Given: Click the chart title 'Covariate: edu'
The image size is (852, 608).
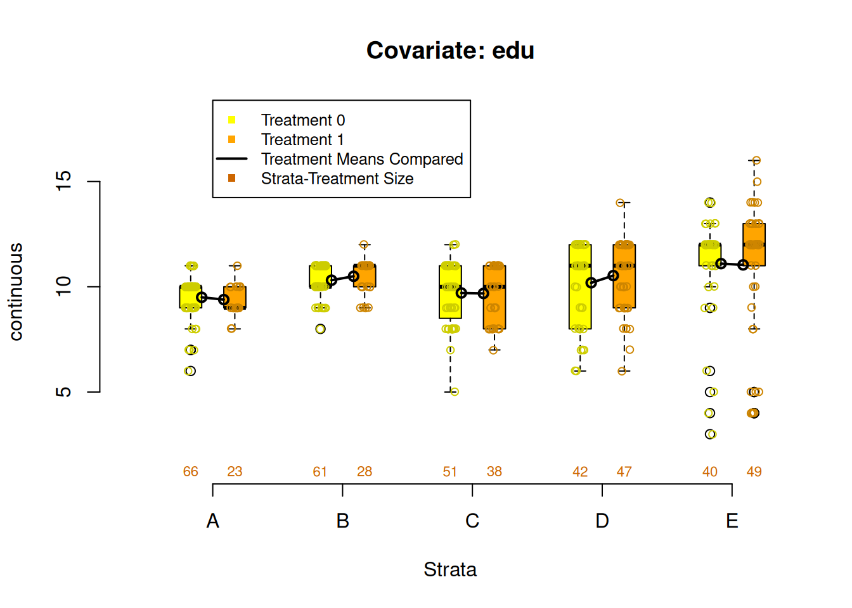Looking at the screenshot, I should pyautogui.click(x=450, y=51).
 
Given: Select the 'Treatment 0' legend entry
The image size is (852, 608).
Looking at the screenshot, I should pyautogui.click(x=302, y=120).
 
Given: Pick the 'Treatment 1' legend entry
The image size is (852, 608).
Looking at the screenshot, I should pyautogui.click(x=302, y=139).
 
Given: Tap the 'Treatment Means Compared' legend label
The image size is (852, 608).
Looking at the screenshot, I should pyautogui.click(x=361, y=159).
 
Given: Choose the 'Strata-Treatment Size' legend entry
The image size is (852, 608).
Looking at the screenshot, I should pyautogui.click(x=337, y=179).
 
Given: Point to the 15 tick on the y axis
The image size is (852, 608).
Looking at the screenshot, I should pyautogui.click(x=64, y=182).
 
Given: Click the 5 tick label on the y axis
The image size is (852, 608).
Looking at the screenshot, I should pyautogui.click(x=64, y=392).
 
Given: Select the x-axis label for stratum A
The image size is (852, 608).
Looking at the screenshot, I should pyautogui.click(x=213, y=521).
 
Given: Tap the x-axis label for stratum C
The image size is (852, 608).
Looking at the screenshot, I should pyautogui.click(x=472, y=521).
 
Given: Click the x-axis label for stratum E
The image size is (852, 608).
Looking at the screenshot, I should pyautogui.click(x=732, y=521).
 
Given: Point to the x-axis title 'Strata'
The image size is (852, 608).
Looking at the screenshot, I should pyautogui.click(x=450, y=569).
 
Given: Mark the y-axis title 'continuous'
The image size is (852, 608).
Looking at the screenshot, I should pyautogui.click(x=16, y=292).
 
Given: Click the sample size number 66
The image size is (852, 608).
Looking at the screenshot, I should pyautogui.click(x=191, y=472).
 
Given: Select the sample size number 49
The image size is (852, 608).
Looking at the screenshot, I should pyautogui.click(x=754, y=472).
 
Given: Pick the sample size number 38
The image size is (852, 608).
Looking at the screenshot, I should pyautogui.click(x=494, y=472).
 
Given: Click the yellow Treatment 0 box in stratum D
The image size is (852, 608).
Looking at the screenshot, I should pyautogui.click(x=580, y=298).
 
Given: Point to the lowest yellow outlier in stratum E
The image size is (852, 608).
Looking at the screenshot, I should pyautogui.click(x=711, y=434).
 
